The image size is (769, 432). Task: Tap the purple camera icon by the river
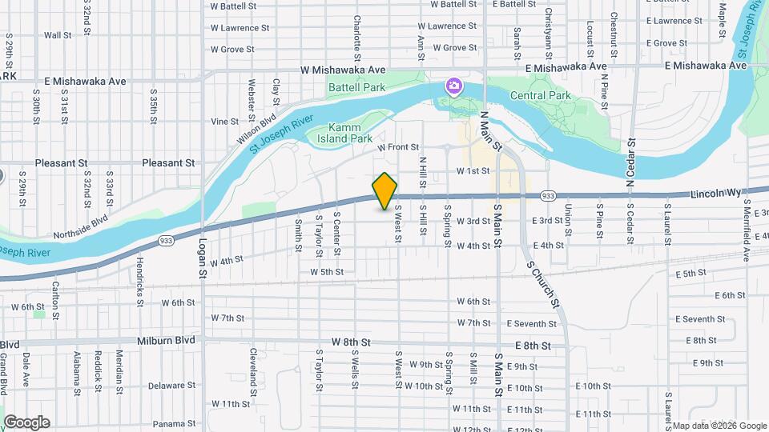454,85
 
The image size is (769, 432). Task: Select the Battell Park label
356,87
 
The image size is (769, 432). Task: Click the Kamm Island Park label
351,133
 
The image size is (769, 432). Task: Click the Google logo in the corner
26,422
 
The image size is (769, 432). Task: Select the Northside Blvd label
79,231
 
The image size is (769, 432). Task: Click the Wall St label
58,35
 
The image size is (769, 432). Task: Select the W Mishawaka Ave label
343,70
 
